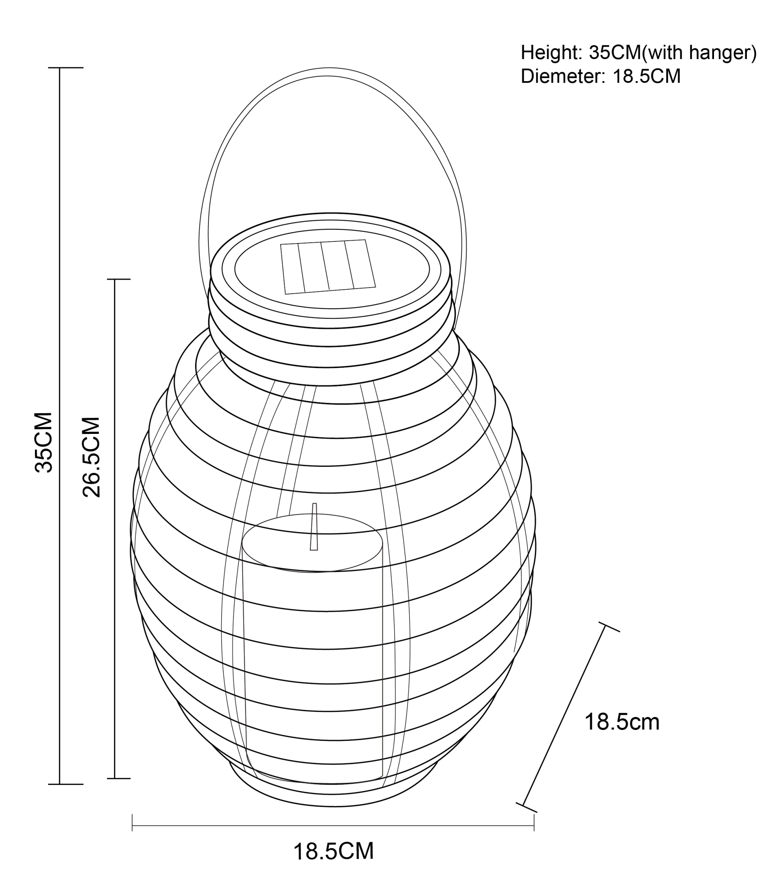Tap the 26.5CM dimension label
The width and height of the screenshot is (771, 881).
(91, 457)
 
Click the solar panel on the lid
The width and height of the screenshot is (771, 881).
(328, 267)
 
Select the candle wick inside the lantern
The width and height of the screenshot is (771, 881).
(314, 526)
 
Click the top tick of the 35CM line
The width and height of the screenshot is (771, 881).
(65, 67)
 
